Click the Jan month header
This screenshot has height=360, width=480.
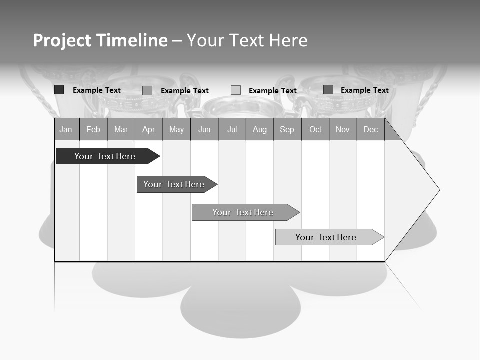point(66,130)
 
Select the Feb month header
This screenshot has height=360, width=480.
point(93,130)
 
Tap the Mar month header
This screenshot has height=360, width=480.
point(121,130)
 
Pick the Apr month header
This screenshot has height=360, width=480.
point(149,130)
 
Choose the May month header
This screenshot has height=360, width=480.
point(176,130)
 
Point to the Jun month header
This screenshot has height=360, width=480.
point(204,130)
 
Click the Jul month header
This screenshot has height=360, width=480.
point(232,130)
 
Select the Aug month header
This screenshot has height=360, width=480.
point(260,130)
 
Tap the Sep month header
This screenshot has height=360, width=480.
point(287,130)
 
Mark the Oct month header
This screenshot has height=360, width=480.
point(315,130)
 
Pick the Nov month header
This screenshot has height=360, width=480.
point(343,130)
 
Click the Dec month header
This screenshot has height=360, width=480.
point(371,130)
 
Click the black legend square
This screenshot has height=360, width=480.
point(59,90)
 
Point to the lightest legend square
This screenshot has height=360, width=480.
point(236,90)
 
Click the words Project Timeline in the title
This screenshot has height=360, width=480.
point(100,40)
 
